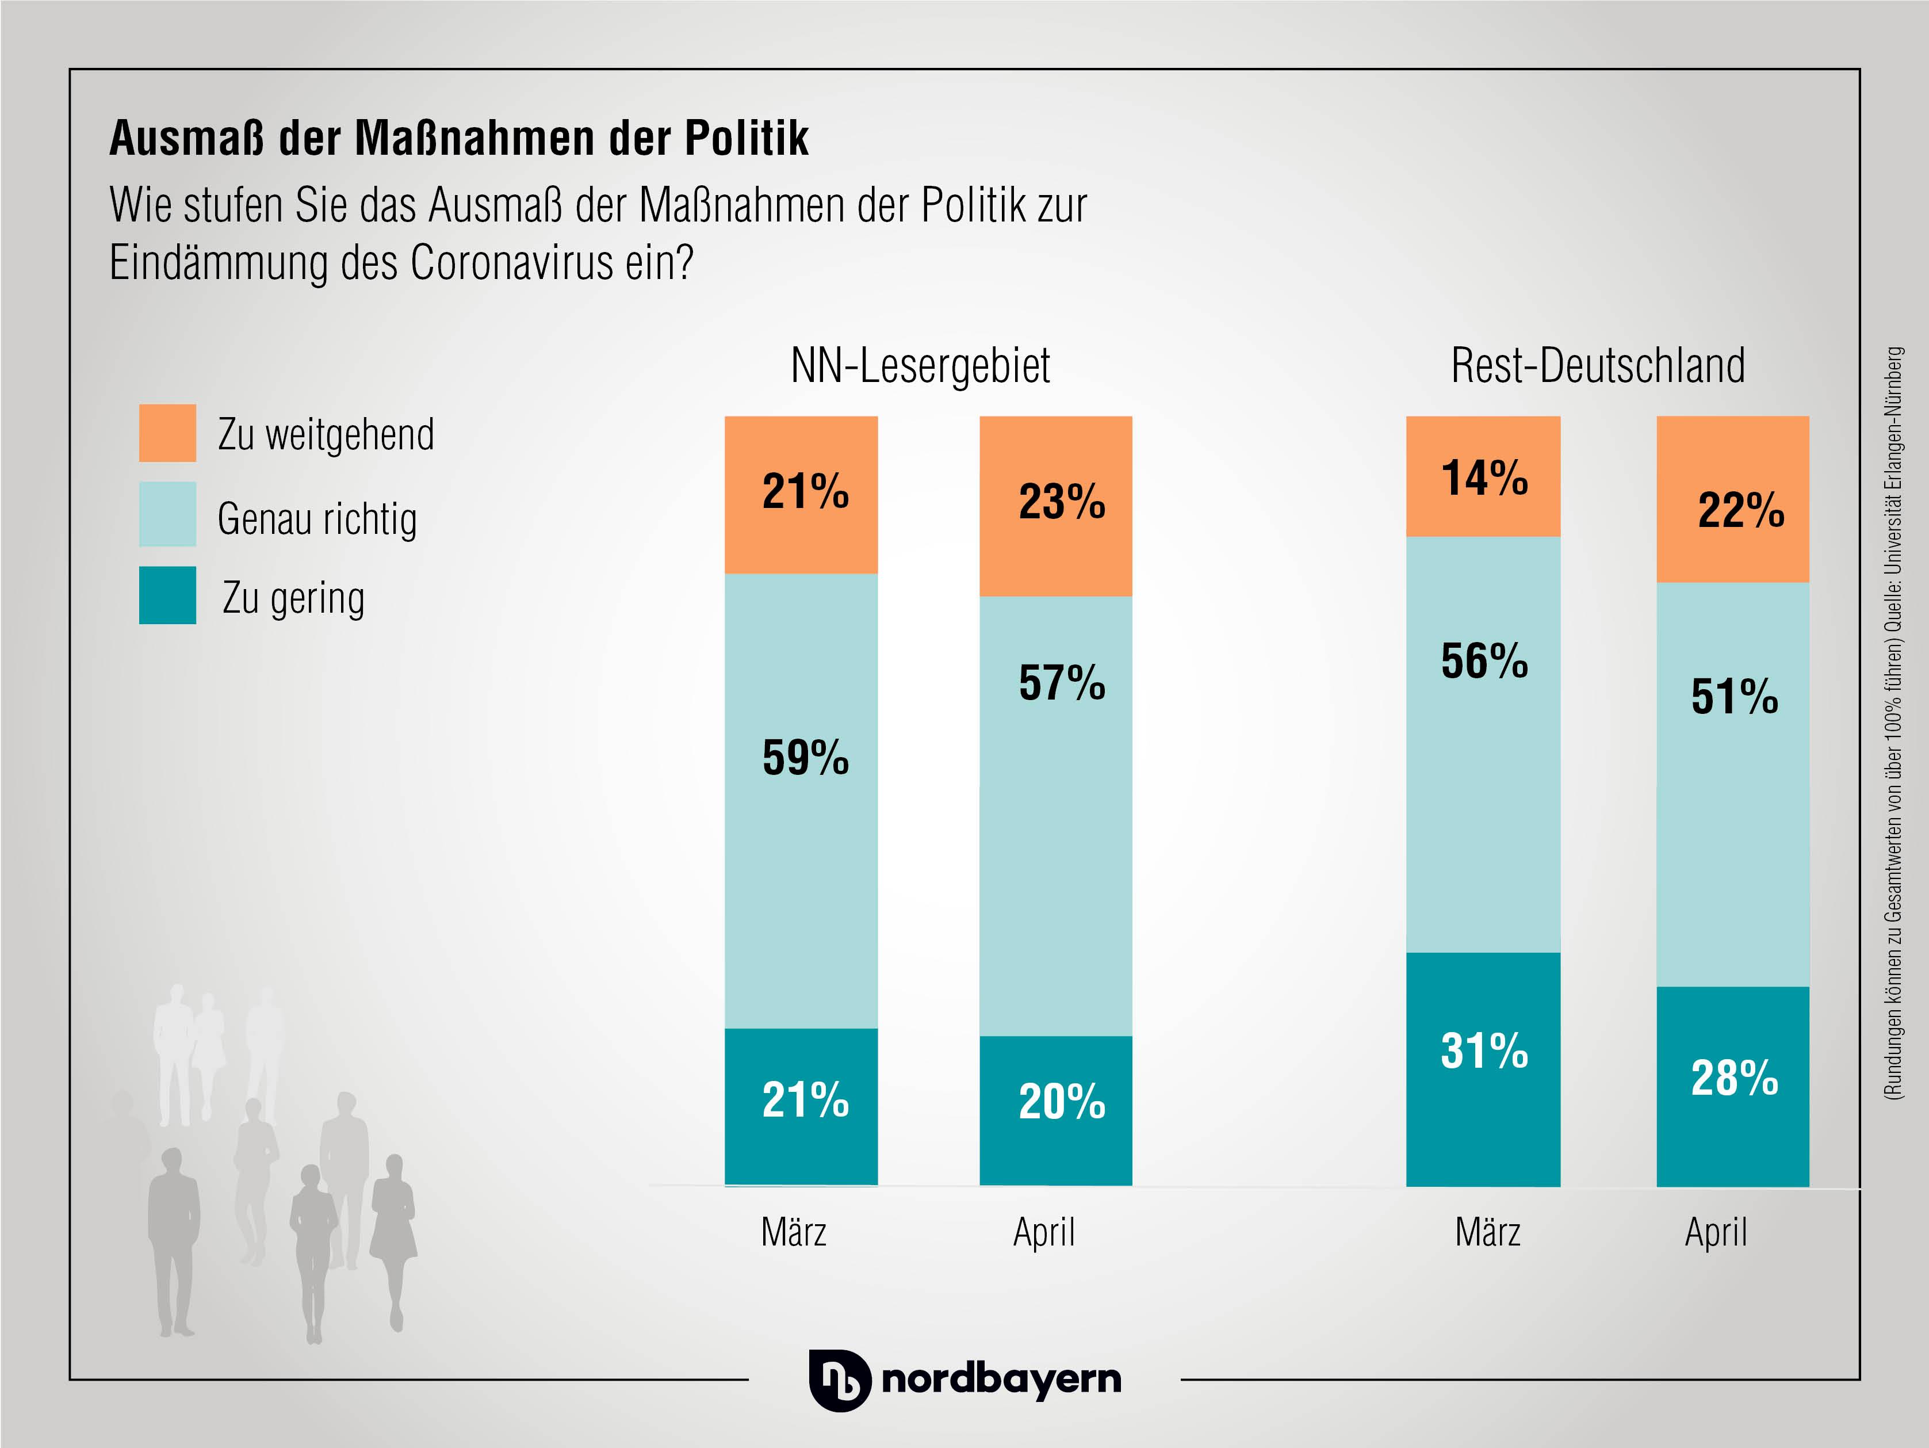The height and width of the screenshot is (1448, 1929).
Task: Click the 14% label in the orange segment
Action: click(1484, 478)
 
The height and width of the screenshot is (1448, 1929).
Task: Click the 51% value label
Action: click(1735, 697)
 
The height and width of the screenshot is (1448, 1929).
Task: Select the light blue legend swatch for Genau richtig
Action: click(167, 515)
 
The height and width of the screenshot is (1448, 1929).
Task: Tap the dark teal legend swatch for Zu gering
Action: click(167, 596)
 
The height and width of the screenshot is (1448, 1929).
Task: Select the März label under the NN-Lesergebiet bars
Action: click(794, 1232)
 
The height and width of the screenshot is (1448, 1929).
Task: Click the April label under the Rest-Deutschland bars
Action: click(1716, 1232)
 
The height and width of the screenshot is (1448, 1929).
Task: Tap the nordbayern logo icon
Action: click(839, 1380)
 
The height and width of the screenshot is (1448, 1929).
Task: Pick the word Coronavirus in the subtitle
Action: click(511, 262)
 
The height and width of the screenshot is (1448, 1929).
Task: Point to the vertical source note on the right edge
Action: click(1893, 724)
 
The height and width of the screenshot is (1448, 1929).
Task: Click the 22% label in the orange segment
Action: click(1740, 510)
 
